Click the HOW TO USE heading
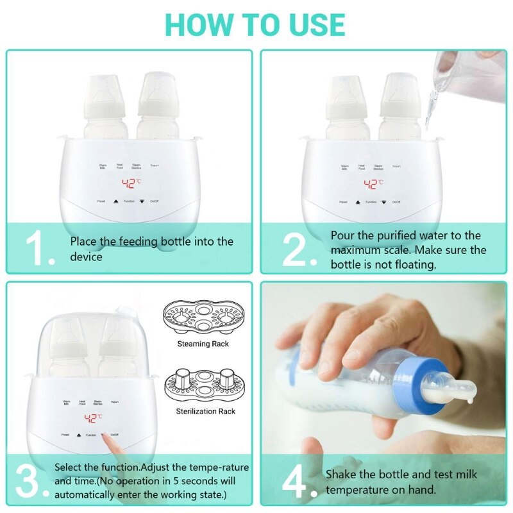(x=255, y=24)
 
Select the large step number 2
(x=299, y=249)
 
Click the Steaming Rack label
(x=203, y=344)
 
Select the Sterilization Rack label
(x=205, y=411)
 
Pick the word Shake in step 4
(x=341, y=475)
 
